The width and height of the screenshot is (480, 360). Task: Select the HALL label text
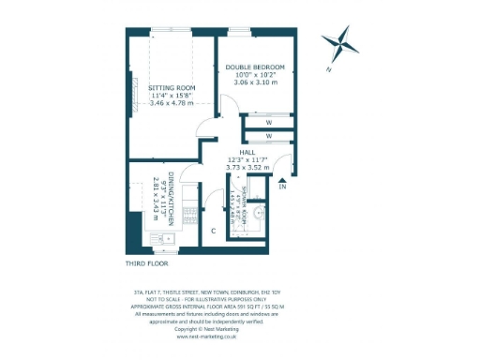[247, 152]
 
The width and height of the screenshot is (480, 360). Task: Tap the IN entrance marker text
[282, 187]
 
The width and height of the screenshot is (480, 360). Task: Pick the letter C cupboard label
[214, 231]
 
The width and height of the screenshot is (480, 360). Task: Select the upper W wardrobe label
[268, 121]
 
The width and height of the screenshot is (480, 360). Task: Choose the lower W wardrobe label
[268, 137]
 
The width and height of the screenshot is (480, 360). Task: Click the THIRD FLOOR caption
[147, 265]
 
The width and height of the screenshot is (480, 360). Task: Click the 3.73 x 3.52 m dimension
[247, 169]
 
